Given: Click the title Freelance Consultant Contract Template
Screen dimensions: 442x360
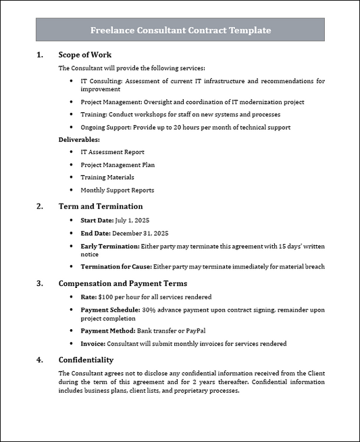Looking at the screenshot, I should tap(180, 30).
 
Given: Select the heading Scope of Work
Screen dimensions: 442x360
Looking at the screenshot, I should tap(85, 55).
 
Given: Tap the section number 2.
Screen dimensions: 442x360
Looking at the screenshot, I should tap(39, 206).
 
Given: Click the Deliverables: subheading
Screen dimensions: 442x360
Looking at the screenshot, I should tap(78, 139).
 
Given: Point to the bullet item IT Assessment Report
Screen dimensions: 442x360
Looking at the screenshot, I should tap(112, 152).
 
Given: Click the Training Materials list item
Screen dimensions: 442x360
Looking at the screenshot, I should tap(107, 177).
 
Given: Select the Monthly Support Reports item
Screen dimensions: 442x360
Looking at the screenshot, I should tap(117, 190).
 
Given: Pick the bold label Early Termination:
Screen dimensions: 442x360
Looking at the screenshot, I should tap(110, 246).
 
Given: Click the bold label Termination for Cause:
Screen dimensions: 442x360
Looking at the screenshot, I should tap(116, 267).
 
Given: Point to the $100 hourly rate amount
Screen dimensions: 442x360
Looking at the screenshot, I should tap(105, 297).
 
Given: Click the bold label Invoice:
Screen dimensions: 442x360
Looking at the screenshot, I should tap(93, 343).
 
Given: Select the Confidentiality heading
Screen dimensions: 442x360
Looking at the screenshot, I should tap(86, 360).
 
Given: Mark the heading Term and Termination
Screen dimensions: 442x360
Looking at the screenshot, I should tap(101, 206).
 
